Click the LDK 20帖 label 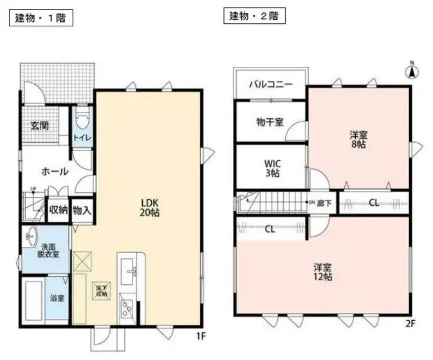point(150,206)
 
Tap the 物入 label point(81,210)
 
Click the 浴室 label point(57,298)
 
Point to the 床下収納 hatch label point(102,291)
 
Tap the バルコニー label point(270,84)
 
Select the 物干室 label point(269,122)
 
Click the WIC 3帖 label point(272,168)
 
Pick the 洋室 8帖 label point(358,139)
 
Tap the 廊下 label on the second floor point(324,203)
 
